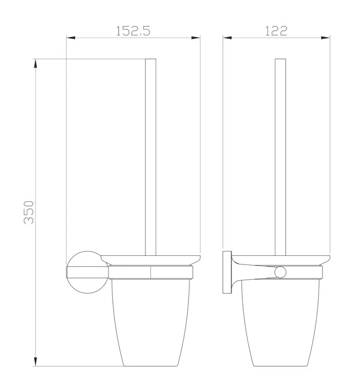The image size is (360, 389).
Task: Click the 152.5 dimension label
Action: [133, 31]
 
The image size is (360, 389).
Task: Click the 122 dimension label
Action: [276, 31]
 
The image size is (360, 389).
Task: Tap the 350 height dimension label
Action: [29, 212]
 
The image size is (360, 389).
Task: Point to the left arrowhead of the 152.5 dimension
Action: [71, 38]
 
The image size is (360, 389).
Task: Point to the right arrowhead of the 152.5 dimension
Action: [196, 38]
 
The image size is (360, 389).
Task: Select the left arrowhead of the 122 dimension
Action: [227, 38]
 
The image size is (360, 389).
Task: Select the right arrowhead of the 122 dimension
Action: [325, 38]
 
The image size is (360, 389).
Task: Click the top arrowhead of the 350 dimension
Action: [35, 64]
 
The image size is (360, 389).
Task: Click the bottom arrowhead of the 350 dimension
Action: [35, 362]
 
